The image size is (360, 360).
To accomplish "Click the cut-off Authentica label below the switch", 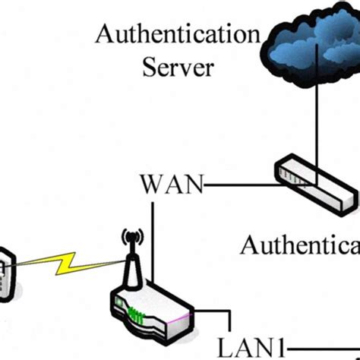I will pyautogui.click(x=299, y=245).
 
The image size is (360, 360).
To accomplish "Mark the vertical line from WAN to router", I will pyautogui.click(x=153, y=235).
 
